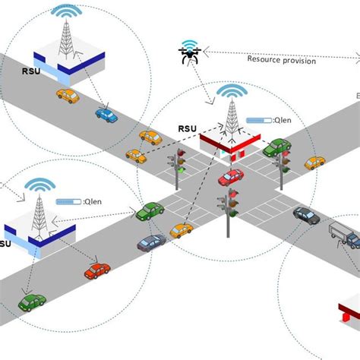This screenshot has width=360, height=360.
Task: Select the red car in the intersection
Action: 231,178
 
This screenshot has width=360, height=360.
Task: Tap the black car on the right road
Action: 306,216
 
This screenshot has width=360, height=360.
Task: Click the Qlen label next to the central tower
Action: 283,119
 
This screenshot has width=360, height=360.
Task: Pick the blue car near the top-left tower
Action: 106,115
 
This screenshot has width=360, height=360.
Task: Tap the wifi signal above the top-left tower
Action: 65,13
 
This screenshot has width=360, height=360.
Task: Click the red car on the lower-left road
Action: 97,270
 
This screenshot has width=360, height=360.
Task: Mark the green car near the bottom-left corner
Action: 31,302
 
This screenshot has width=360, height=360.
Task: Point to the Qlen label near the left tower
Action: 94,201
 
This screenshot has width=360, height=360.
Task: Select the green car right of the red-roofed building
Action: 276,147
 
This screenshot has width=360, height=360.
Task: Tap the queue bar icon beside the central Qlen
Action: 260,119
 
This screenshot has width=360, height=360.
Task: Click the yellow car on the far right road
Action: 314,163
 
